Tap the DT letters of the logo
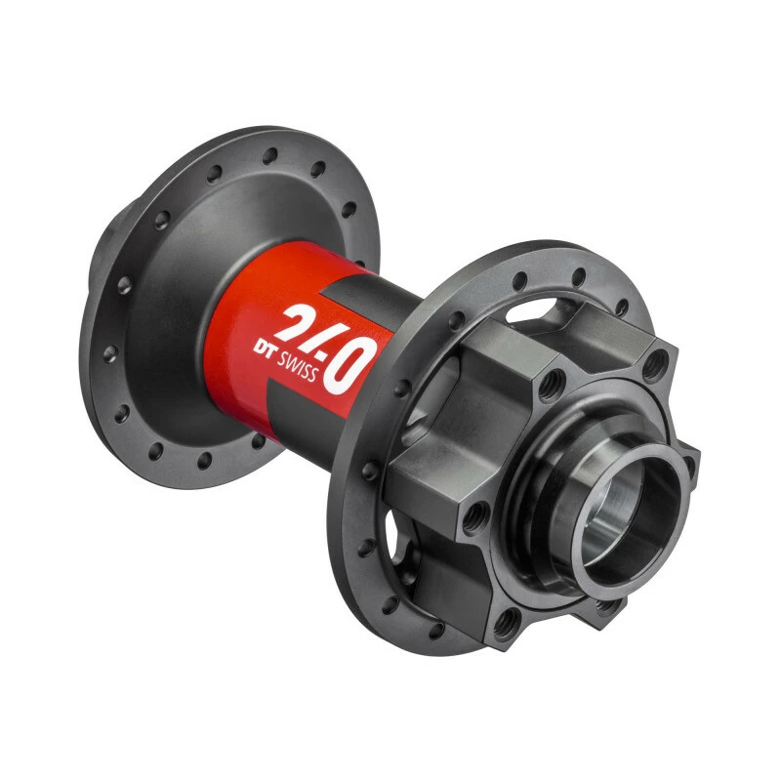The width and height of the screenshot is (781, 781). [x=264, y=348]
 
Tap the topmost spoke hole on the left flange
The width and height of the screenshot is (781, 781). [x=270, y=155]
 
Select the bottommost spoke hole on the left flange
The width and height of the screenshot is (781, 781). [x=204, y=460]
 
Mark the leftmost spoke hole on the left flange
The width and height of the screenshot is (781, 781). [x=110, y=353]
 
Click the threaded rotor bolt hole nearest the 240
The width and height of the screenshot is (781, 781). [x=552, y=384]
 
